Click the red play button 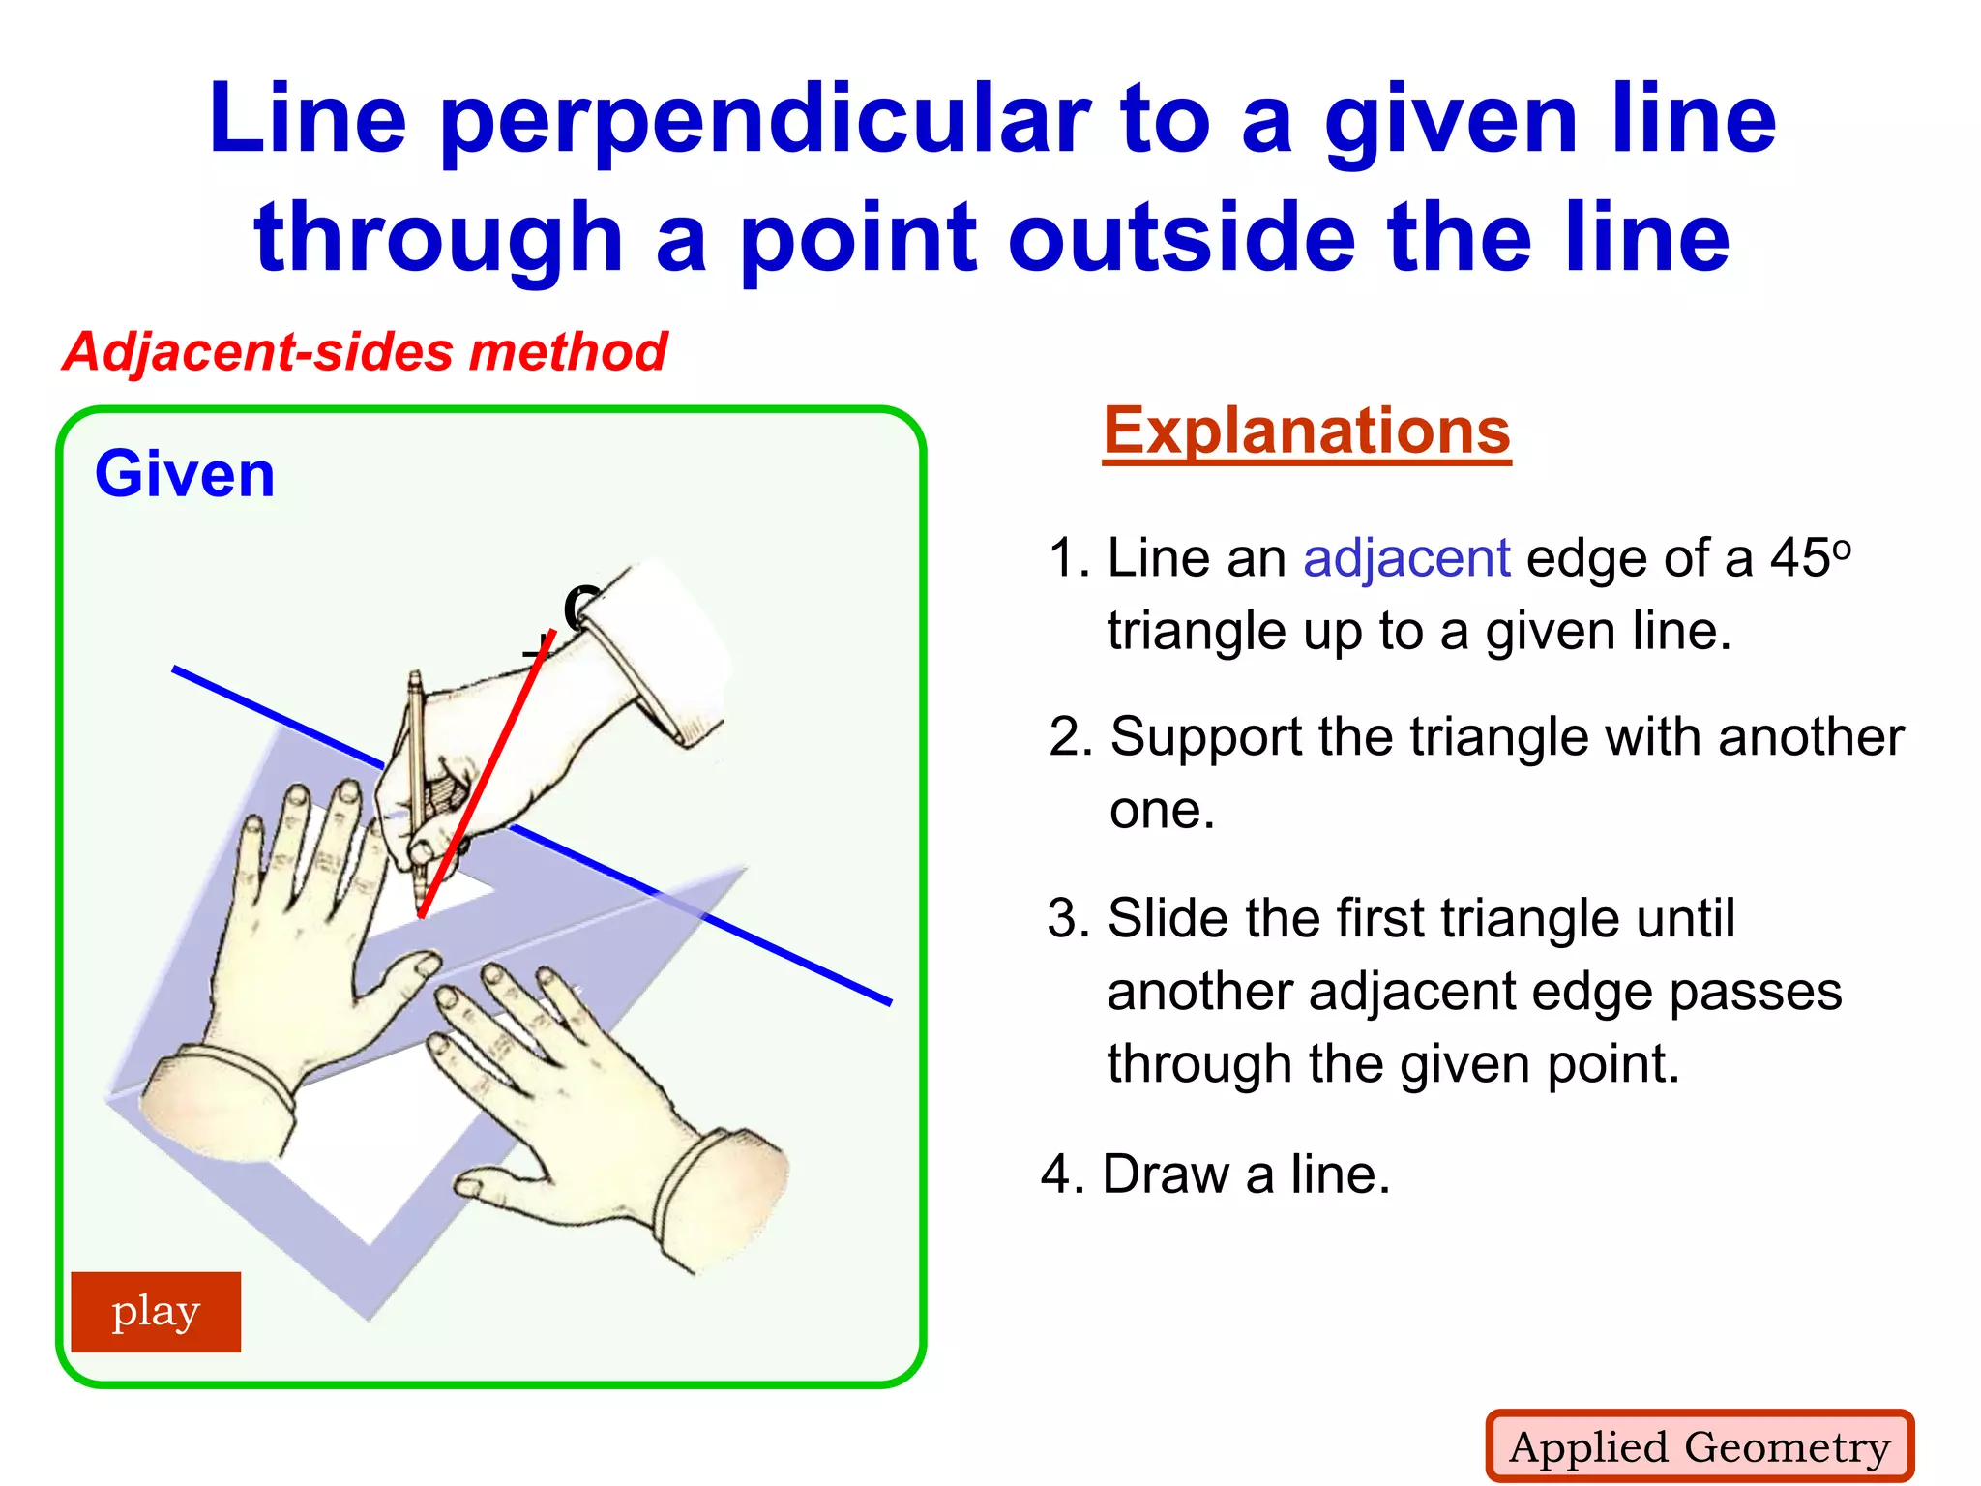156,1312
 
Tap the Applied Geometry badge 1700,1446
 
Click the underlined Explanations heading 1307,431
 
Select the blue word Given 185,474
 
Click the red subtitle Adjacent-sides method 365,351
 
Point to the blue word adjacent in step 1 1406,558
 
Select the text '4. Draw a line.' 1216,1174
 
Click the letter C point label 580,609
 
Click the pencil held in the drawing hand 416,764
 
